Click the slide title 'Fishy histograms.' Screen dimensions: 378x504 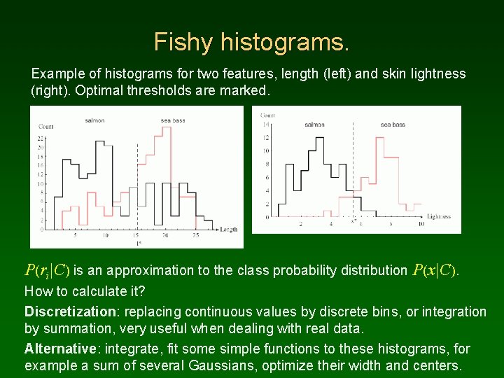tap(251, 42)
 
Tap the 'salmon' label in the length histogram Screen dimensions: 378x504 tap(95, 120)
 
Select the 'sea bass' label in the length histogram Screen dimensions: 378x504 tap(172, 120)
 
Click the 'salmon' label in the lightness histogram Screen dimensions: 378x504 tap(314, 125)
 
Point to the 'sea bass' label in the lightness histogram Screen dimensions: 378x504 tap(393, 125)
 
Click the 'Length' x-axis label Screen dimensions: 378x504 tap(229, 230)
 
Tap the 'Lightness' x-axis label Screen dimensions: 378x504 tap(438, 216)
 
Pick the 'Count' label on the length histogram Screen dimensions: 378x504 tap(46, 127)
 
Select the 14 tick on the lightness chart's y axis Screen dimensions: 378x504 tap(265, 124)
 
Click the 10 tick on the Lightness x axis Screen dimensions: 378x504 tap(421, 224)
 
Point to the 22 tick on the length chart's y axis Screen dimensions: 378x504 tap(41, 139)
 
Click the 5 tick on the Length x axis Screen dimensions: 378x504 tap(76, 236)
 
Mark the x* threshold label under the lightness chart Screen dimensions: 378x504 tap(353, 221)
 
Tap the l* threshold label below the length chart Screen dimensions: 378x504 tap(138, 242)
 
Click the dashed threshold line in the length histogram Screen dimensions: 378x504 tap(138, 182)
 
